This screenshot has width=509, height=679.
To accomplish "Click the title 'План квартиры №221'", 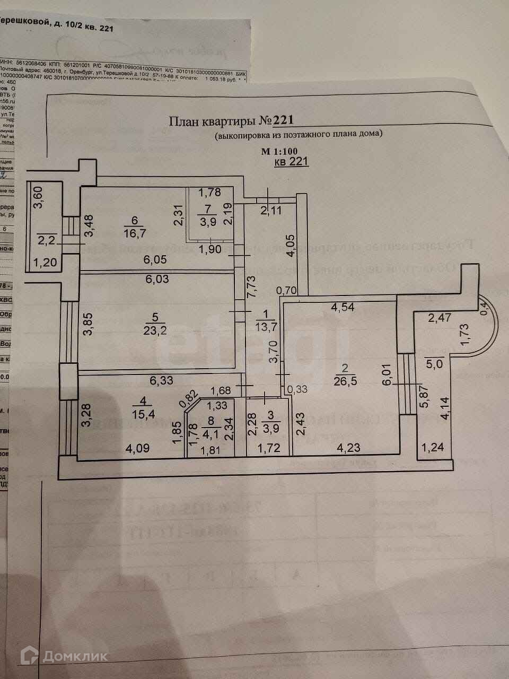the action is click(x=231, y=120).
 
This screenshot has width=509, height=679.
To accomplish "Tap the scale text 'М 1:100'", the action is click(x=279, y=151).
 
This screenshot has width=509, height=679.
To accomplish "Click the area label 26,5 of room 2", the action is click(x=345, y=381).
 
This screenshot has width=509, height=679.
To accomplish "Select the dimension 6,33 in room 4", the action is click(x=162, y=380).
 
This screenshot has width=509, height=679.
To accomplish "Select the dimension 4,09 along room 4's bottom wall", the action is click(x=137, y=448).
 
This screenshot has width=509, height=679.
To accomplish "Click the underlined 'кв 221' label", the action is click(x=291, y=162).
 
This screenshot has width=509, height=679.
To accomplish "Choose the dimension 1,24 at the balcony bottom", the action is click(x=433, y=449).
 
